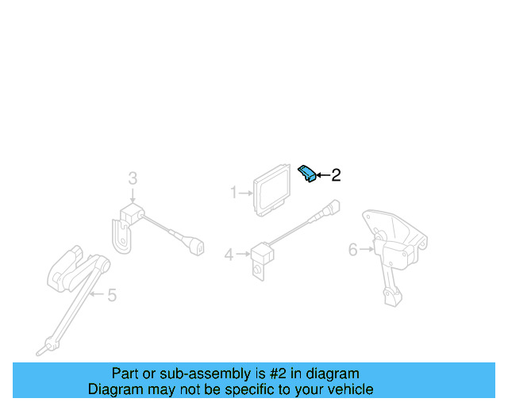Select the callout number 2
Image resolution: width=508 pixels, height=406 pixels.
pyautogui.click(x=336, y=175)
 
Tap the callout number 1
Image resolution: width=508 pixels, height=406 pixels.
pyautogui.click(x=234, y=192)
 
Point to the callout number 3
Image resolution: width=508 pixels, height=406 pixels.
pyautogui.click(x=133, y=179)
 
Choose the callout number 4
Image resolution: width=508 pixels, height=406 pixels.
pyautogui.click(x=229, y=255)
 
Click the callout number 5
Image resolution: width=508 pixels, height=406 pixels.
pyautogui.click(x=111, y=296)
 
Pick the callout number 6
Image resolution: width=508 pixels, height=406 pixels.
pyautogui.click(x=353, y=250)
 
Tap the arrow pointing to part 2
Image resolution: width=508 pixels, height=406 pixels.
pyautogui.click(x=321, y=175)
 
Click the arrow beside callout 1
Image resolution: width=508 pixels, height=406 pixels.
pyautogui.click(x=245, y=192)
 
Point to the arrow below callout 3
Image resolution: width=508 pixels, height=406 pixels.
pyautogui.click(x=133, y=196)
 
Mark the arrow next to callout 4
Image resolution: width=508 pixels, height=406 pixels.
pyautogui.click(x=241, y=255)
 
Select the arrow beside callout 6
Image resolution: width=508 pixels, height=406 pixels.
pyautogui.click(x=366, y=250)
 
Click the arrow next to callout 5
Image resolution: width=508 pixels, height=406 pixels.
pyautogui.click(x=96, y=295)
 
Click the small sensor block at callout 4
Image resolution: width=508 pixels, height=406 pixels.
pyautogui.click(x=261, y=254)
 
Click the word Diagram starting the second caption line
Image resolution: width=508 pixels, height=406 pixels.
pyautogui.click(x=114, y=389)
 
